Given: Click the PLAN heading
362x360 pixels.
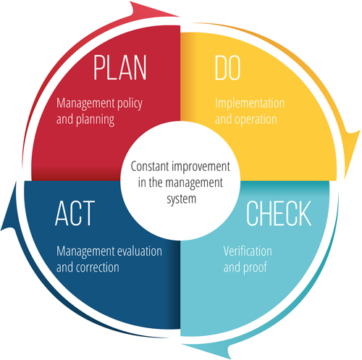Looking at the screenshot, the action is pos(120,67).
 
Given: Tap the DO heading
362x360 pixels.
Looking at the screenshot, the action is pos(227,67).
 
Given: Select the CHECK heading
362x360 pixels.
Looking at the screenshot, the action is pos(279,214).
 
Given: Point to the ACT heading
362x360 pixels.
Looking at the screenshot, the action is pos(75,214).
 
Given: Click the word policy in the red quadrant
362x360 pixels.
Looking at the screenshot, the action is pos(130,104).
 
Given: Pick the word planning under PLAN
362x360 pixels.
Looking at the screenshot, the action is pos(95,120).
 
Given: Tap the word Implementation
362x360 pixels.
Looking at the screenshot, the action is pos(250,104).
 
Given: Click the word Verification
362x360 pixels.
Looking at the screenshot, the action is pos(248,251).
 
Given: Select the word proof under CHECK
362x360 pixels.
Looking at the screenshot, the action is pos(256,268).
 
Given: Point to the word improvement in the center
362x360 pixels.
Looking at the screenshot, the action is pos(201,167).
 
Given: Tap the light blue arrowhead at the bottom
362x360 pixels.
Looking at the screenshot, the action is pos(208,350).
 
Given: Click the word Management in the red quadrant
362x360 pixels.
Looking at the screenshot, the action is pos(85,104).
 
